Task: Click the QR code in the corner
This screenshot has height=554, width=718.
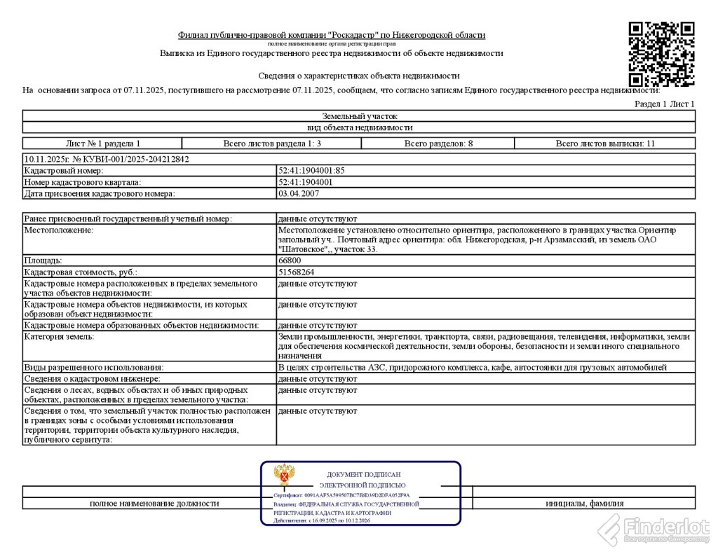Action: pyautogui.click(x=661, y=53)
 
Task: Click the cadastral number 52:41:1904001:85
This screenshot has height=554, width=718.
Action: pyautogui.click(x=311, y=171)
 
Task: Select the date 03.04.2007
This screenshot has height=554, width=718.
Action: pyautogui.click(x=299, y=193)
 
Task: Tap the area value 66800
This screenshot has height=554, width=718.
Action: pyautogui.click(x=290, y=261)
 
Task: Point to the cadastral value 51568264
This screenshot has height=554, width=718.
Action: pyautogui.click(x=296, y=272)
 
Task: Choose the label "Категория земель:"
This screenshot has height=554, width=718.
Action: pyautogui.click(x=59, y=337)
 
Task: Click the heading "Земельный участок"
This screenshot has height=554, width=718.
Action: pyautogui.click(x=359, y=116)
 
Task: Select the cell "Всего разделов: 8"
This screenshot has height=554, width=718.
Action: pyautogui.click(x=438, y=144)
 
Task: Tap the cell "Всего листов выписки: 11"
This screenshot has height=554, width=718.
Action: pyautogui.click(x=605, y=144)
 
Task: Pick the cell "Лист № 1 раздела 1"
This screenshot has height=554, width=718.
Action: pyautogui.click(x=102, y=144)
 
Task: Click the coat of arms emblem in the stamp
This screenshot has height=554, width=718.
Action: pyautogui.click(x=284, y=476)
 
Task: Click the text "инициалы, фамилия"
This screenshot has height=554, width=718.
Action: pyautogui.click(x=585, y=504)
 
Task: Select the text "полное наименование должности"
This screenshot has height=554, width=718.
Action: pyautogui.click(x=154, y=504)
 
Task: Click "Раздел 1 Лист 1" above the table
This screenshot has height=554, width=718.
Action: pyautogui.click(x=664, y=104)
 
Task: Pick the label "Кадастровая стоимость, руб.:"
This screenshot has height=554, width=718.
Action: pyautogui.click(x=81, y=272)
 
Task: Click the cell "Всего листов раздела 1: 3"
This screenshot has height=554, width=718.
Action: pyautogui.click(x=272, y=144)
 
